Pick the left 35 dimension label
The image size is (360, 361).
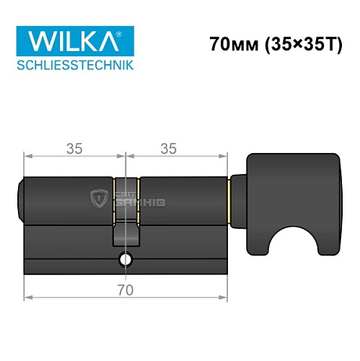click(x=74, y=149)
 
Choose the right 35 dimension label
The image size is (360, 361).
click(x=168, y=149)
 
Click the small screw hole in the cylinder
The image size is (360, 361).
click(x=126, y=260)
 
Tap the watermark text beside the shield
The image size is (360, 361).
click(x=144, y=199)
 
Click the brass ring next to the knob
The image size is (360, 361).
click(x=229, y=199)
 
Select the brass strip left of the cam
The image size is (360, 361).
click(x=114, y=199)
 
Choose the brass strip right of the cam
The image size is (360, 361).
click(x=138, y=199)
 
